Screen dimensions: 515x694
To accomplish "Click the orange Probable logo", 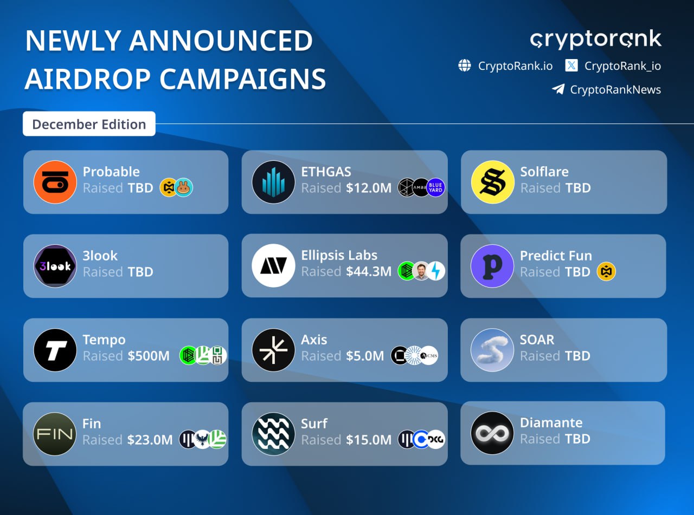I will [55, 182].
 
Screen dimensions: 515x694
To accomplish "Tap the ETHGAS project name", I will [326, 172].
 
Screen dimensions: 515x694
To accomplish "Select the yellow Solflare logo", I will [492, 182].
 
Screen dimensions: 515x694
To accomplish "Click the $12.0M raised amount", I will [369, 188].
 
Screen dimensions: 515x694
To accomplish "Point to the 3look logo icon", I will [55, 265].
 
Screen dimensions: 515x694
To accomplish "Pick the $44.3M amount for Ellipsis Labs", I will [369, 271].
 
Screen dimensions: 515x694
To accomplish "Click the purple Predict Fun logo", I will [492, 266].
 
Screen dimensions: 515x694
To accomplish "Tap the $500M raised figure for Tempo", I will [149, 356].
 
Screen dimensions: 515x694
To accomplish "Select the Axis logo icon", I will [273, 350].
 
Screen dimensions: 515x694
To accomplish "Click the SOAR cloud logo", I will [492, 350].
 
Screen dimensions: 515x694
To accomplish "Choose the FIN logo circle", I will [55, 434].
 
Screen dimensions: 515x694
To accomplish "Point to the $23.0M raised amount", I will [150, 440].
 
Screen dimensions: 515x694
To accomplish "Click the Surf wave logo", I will [273, 434].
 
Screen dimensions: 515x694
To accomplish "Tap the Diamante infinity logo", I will [492, 433].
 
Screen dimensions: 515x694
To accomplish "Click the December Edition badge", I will [89, 124].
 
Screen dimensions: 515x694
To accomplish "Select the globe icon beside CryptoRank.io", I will [465, 66].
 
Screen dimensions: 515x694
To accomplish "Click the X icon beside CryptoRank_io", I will [571, 66].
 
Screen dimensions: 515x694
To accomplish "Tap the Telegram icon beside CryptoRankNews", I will [558, 89].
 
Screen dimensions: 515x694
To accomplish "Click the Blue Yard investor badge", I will [436, 187].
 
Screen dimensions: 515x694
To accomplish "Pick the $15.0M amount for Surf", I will [369, 440].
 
